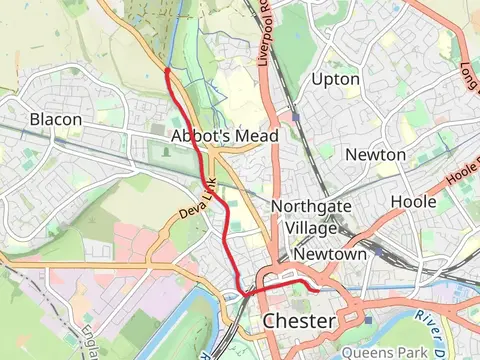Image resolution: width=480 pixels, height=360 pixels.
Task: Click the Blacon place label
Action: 55,119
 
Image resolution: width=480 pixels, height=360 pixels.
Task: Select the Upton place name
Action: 335,78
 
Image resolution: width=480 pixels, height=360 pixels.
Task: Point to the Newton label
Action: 375,154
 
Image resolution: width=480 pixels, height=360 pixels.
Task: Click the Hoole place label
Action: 413,201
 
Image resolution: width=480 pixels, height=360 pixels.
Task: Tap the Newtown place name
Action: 330,254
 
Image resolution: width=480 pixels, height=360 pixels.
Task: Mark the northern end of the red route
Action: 166,70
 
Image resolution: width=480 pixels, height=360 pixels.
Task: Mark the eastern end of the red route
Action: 318,291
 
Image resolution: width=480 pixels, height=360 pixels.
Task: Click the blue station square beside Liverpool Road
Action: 296,117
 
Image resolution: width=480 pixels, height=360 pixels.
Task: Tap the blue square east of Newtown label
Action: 378,251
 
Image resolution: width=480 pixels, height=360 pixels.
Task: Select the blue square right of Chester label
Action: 368,320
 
